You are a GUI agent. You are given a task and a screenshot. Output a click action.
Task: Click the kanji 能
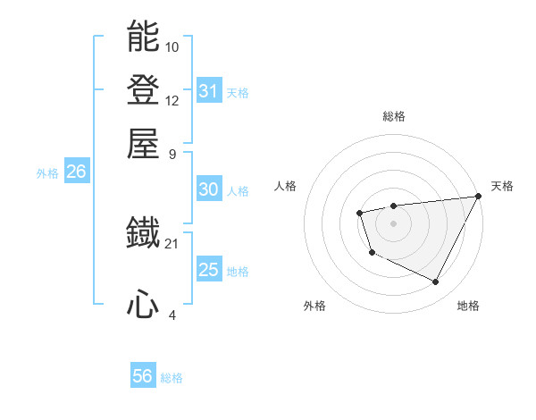coord(143,38)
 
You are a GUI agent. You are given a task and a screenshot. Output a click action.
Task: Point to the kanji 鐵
coord(143,234)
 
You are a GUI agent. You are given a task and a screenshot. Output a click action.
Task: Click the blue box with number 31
coord(209,91)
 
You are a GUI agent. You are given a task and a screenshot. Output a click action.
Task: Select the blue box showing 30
coord(209,189)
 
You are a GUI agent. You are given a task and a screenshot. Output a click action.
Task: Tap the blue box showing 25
coord(209,270)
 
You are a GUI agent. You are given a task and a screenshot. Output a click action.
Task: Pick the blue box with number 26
coord(76,172)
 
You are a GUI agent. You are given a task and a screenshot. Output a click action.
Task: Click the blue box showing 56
coord(143,376)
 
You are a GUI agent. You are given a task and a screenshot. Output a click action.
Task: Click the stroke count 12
coord(172,100)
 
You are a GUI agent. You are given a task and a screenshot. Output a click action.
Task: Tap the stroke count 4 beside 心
coord(172,315)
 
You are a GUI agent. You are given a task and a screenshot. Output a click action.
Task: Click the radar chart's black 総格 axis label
coord(393,116)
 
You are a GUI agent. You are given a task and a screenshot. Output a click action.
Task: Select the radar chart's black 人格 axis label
coord(286,186)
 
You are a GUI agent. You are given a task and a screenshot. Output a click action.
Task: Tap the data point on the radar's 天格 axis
coord(479,196)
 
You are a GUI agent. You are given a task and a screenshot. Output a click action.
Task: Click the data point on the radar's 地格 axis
coord(436,282)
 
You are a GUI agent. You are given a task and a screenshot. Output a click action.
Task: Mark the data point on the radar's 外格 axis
coord(372,253)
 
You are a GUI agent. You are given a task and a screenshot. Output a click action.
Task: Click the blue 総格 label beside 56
coord(172,378)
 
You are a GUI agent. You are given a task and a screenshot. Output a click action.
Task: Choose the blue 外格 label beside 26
coord(47,174)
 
